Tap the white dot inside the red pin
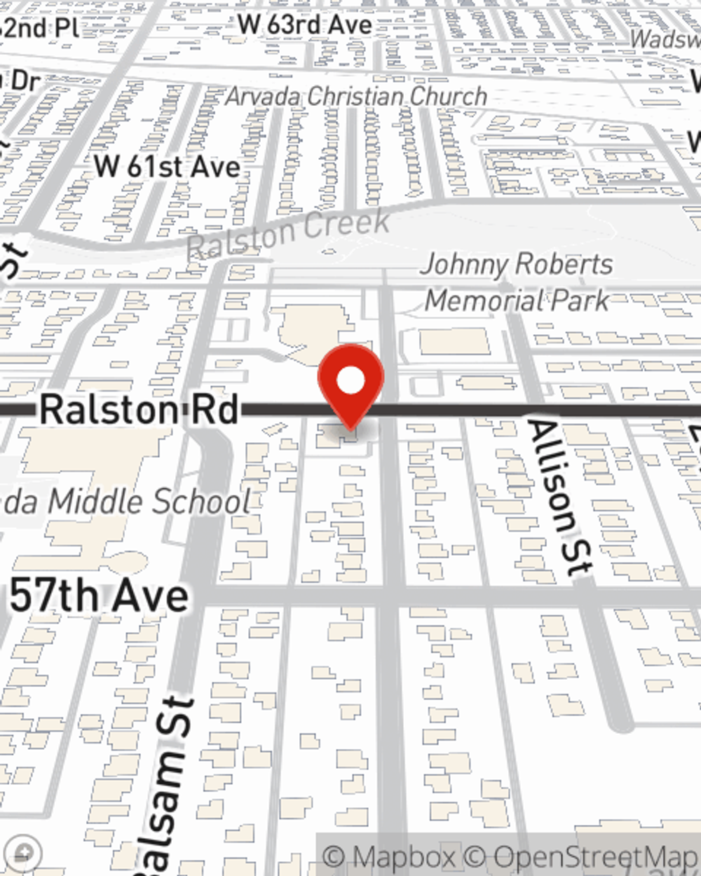click(x=350, y=381)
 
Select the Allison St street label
click(x=560, y=498)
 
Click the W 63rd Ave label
click(x=304, y=25)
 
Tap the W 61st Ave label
click(x=168, y=167)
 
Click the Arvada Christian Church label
click(x=356, y=96)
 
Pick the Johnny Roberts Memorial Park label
click(x=517, y=282)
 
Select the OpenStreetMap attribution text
click(x=595, y=857)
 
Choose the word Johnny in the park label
click(x=463, y=265)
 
